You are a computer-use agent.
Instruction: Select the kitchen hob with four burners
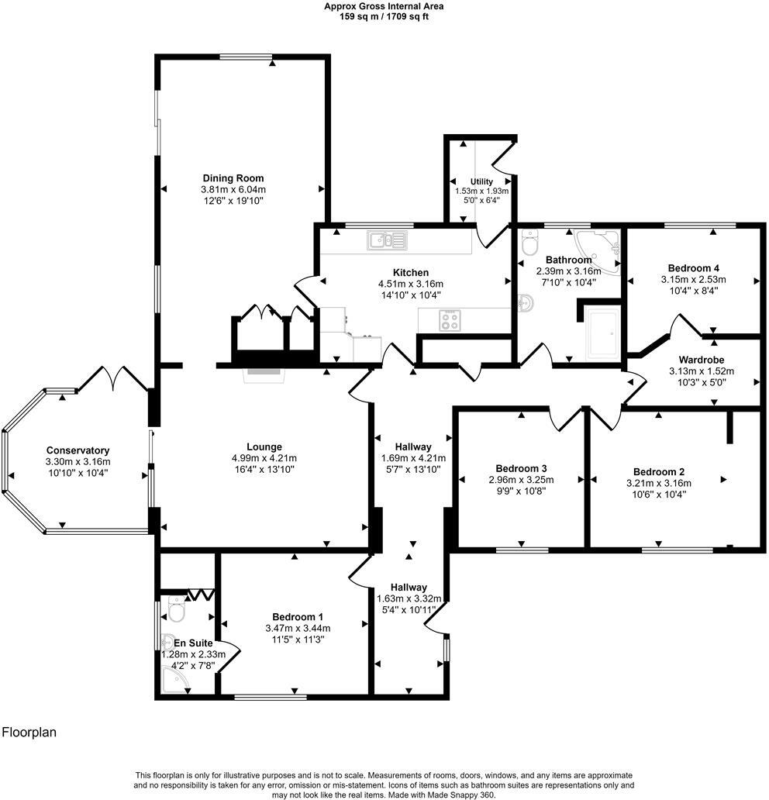(450, 320)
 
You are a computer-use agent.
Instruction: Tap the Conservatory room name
(78, 450)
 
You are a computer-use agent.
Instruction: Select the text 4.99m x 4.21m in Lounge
(264, 458)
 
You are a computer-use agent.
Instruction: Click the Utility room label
(481, 181)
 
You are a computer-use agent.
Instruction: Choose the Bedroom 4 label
(693, 267)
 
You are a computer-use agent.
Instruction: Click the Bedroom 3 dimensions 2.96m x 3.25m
(522, 480)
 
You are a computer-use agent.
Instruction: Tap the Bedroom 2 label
(659, 471)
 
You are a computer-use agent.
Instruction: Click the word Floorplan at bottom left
(29, 732)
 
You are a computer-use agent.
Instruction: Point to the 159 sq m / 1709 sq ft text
(384, 16)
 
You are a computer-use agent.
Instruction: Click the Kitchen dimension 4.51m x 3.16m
(410, 284)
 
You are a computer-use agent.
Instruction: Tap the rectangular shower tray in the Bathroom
(602, 334)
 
